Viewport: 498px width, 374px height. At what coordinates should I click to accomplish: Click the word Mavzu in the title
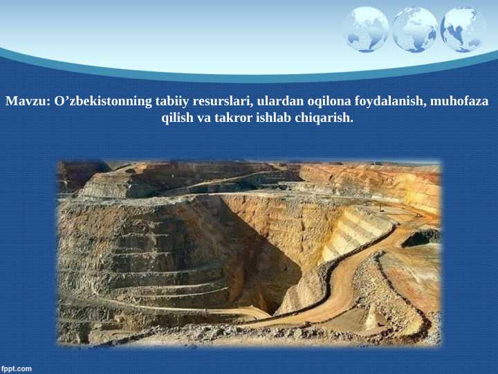[27, 101]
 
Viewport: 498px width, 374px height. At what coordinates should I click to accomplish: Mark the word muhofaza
[459, 101]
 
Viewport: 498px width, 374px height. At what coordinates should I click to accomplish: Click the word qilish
[178, 118]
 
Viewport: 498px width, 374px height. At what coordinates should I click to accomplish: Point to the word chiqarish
[328, 118]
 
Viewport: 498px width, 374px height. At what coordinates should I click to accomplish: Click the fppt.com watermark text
[17, 368]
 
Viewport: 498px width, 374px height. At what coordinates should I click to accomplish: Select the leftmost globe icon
[367, 30]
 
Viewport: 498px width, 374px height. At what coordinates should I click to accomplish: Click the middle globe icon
[415, 30]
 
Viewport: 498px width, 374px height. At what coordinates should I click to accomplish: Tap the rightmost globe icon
[463, 30]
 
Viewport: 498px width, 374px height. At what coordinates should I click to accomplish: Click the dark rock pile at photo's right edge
[421, 238]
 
